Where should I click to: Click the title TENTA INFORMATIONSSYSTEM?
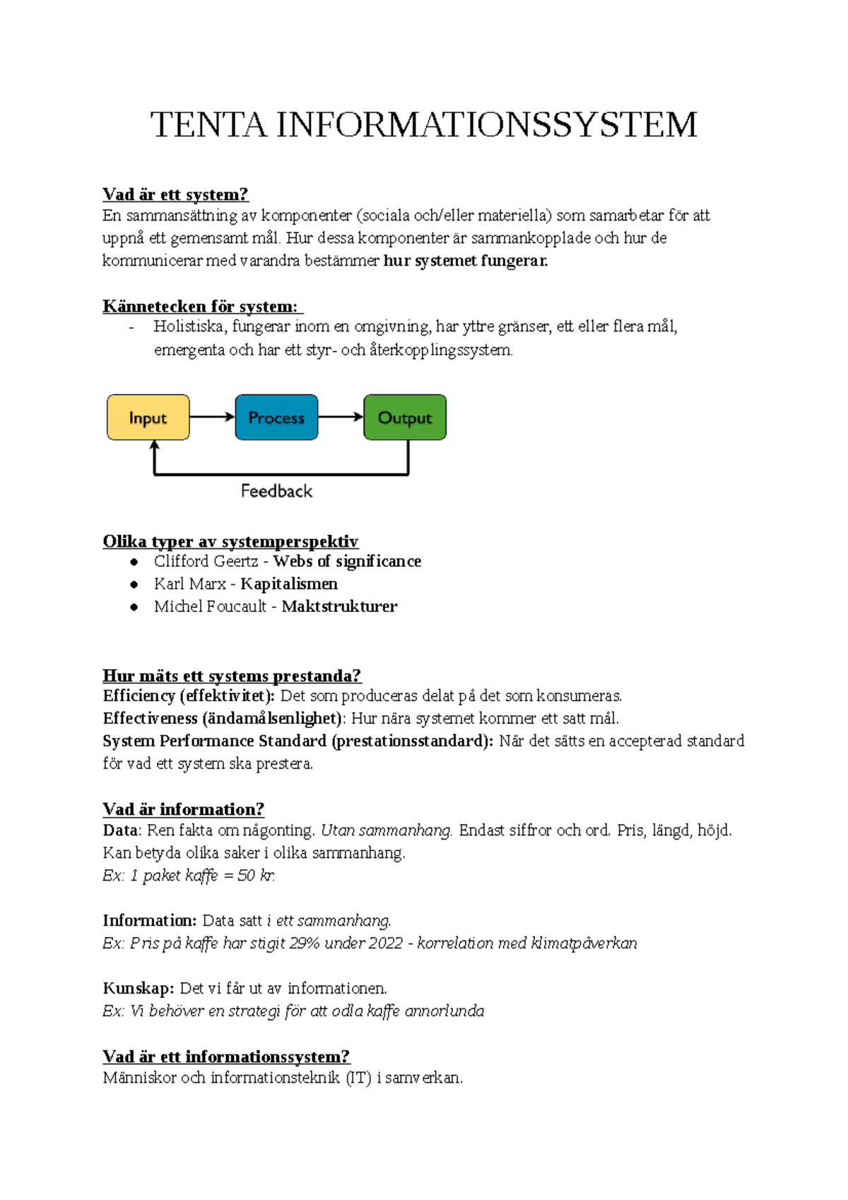[423, 125]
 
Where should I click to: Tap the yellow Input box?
[148, 418]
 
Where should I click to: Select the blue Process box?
[276, 418]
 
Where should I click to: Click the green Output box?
[404, 418]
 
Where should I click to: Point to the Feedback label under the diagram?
[276, 491]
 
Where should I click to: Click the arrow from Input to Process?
[212, 417]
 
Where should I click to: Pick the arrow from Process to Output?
[341, 417]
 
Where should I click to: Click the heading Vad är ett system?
[175, 194]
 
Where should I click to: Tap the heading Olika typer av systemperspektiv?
[230, 541]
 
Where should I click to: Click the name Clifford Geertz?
[206, 561]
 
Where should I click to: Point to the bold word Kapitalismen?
[289, 584]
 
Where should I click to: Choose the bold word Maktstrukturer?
[339, 606]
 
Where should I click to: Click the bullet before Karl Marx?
[134, 584]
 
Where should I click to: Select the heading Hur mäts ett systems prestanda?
[232, 676]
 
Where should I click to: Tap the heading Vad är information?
[183, 809]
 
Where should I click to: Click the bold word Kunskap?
[139, 988]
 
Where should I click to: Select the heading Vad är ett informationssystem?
[226, 1057]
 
